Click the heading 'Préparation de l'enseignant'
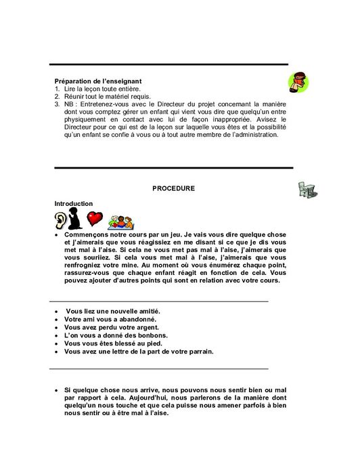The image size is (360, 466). [x=97, y=81]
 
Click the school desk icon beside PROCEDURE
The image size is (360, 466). [x=307, y=190]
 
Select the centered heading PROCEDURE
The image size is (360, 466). [x=173, y=188]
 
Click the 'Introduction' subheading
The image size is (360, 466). [x=74, y=203]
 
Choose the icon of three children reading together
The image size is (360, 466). [x=122, y=221]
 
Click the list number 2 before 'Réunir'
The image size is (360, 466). [x=57, y=96]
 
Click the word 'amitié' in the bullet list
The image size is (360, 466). [x=147, y=311]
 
